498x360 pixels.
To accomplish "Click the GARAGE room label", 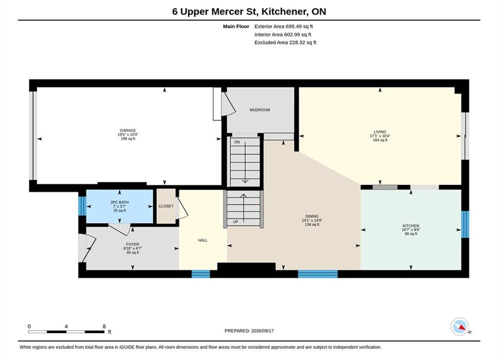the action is [128, 130].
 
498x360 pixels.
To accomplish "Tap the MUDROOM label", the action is [260, 109].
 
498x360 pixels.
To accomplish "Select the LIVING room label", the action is [380, 131].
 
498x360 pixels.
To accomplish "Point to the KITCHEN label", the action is [411, 225].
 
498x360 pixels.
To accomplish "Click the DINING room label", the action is [312, 216].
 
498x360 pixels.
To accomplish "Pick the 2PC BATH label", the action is [120, 202].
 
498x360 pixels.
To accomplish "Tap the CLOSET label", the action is [166, 206].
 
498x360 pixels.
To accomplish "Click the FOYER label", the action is [133, 244].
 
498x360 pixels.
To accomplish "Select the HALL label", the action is [203, 240].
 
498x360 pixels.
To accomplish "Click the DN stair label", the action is [237, 142].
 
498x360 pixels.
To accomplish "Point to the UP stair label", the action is [235, 221].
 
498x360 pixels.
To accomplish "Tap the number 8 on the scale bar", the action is [104, 326].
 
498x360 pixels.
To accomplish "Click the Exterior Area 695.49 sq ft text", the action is [284, 26].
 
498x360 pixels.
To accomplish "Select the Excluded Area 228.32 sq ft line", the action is [285, 42].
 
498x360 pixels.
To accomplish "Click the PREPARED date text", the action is [249, 330].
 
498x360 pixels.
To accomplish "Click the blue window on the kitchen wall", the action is [465, 224].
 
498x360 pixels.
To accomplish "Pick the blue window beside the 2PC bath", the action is [82, 206].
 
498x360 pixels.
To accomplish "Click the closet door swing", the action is [182, 208].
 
